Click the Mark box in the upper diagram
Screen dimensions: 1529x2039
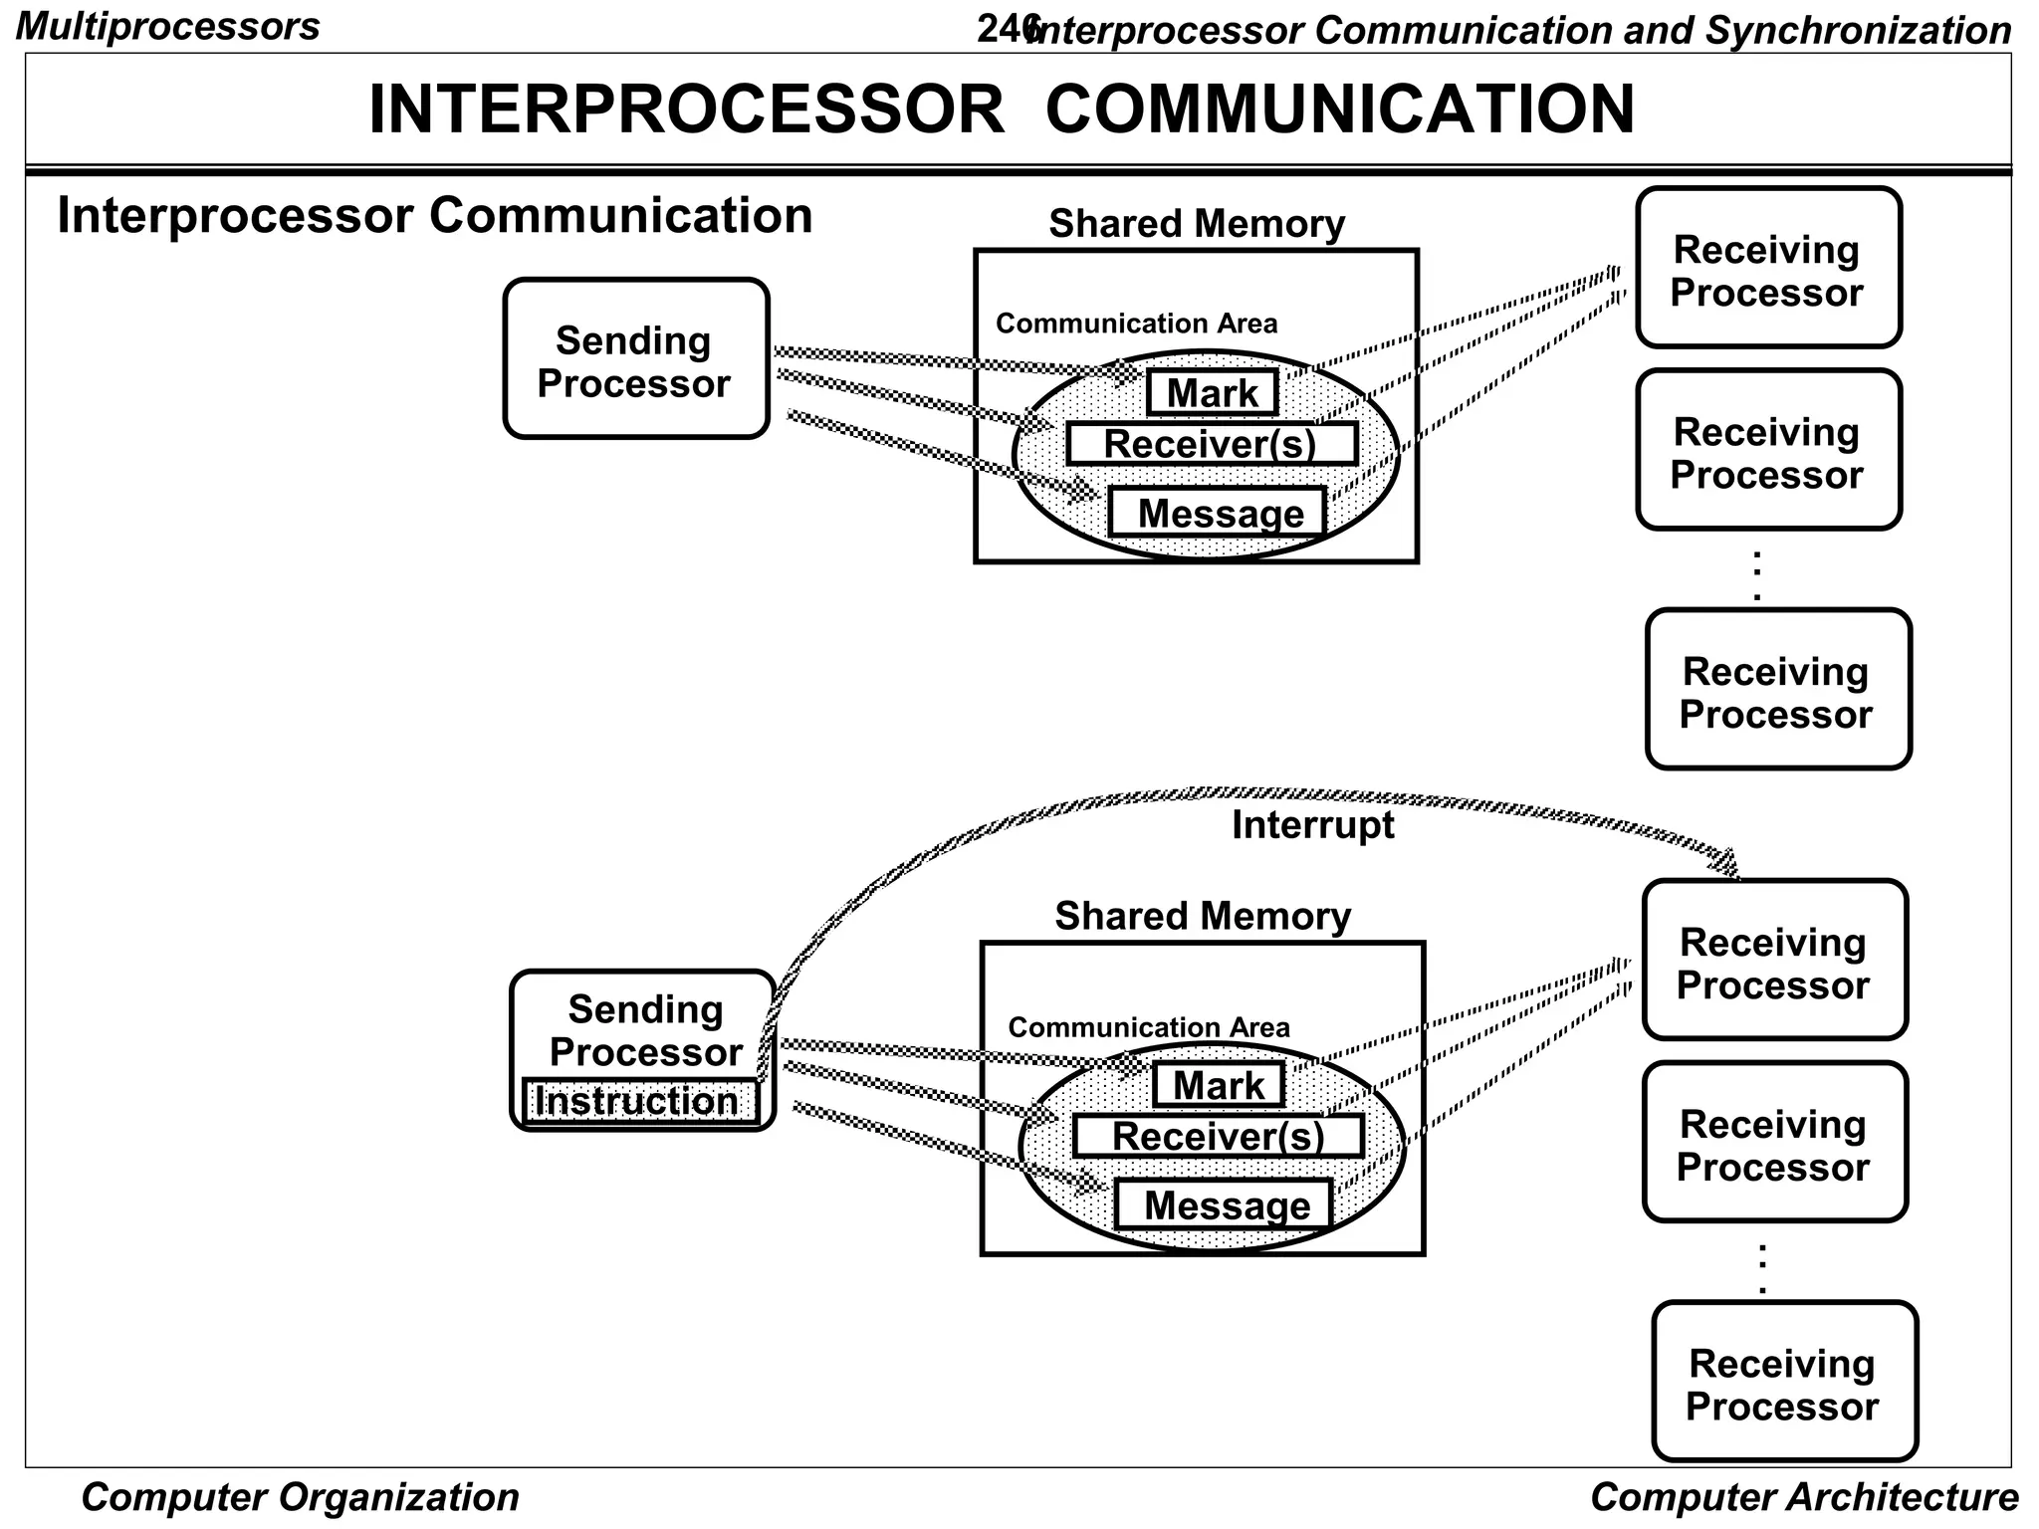click(1212, 393)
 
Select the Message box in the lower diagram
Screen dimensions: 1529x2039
click(1223, 1205)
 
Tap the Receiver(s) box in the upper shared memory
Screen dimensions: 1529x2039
click(1211, 444)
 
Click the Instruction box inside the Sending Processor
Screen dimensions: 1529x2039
click(639, 1101)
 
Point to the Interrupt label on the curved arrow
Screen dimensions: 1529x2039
click(1312, 825)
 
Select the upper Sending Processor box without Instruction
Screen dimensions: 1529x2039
click(635, 359)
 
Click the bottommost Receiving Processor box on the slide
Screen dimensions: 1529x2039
click(1784, 1382)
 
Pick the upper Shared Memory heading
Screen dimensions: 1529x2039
click(1196, 224)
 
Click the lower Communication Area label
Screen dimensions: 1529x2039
click(1148, 1027)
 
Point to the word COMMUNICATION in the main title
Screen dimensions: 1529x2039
click(1339, 109)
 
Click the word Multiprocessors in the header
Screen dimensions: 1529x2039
click(168, 26)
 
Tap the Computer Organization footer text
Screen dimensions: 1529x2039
click(300, 1497)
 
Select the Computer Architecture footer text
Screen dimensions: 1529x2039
click(1803, 1497)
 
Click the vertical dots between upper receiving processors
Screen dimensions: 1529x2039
click(1757, 575)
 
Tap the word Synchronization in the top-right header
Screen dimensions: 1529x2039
click(1858, 31)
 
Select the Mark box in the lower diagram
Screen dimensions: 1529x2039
click(1218, 1085)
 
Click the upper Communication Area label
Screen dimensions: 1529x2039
click(1136, 324)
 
